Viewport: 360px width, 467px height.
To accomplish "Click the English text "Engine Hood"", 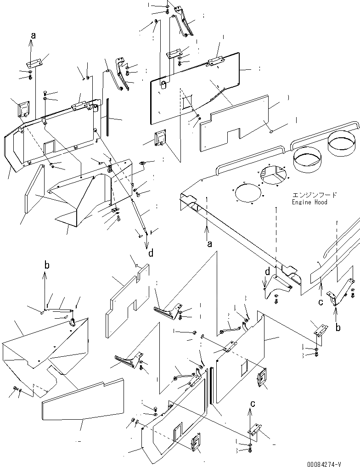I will click(x=309, y=202).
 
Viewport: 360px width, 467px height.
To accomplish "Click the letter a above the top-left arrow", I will click(x=33, y=34).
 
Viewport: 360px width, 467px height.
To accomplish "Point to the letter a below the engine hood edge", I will click(x=209, y=244).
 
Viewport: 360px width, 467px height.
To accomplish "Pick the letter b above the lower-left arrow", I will click(x=45, y=264).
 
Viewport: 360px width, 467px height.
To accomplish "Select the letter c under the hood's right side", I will click(x=321, y=302).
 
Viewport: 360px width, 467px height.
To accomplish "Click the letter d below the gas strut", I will click(x=150, y=252).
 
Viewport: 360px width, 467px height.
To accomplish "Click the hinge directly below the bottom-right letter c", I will click(x=253, y=430).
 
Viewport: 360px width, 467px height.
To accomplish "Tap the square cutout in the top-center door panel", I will click(x=187, y=103).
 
